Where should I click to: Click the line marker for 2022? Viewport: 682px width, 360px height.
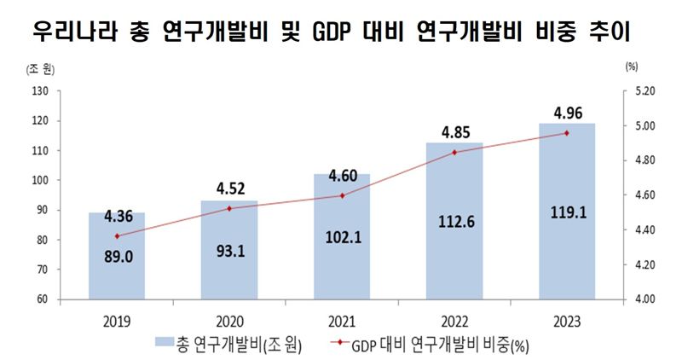pyautogui.click(x=454, y=152)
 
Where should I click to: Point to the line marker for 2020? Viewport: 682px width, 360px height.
pyautogui.click(x=230, y=208)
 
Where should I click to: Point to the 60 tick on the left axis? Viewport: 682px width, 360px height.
pyautogui.click(x=42, y=299)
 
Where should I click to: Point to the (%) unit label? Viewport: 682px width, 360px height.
pyautogui.click(x=631, y=65)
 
